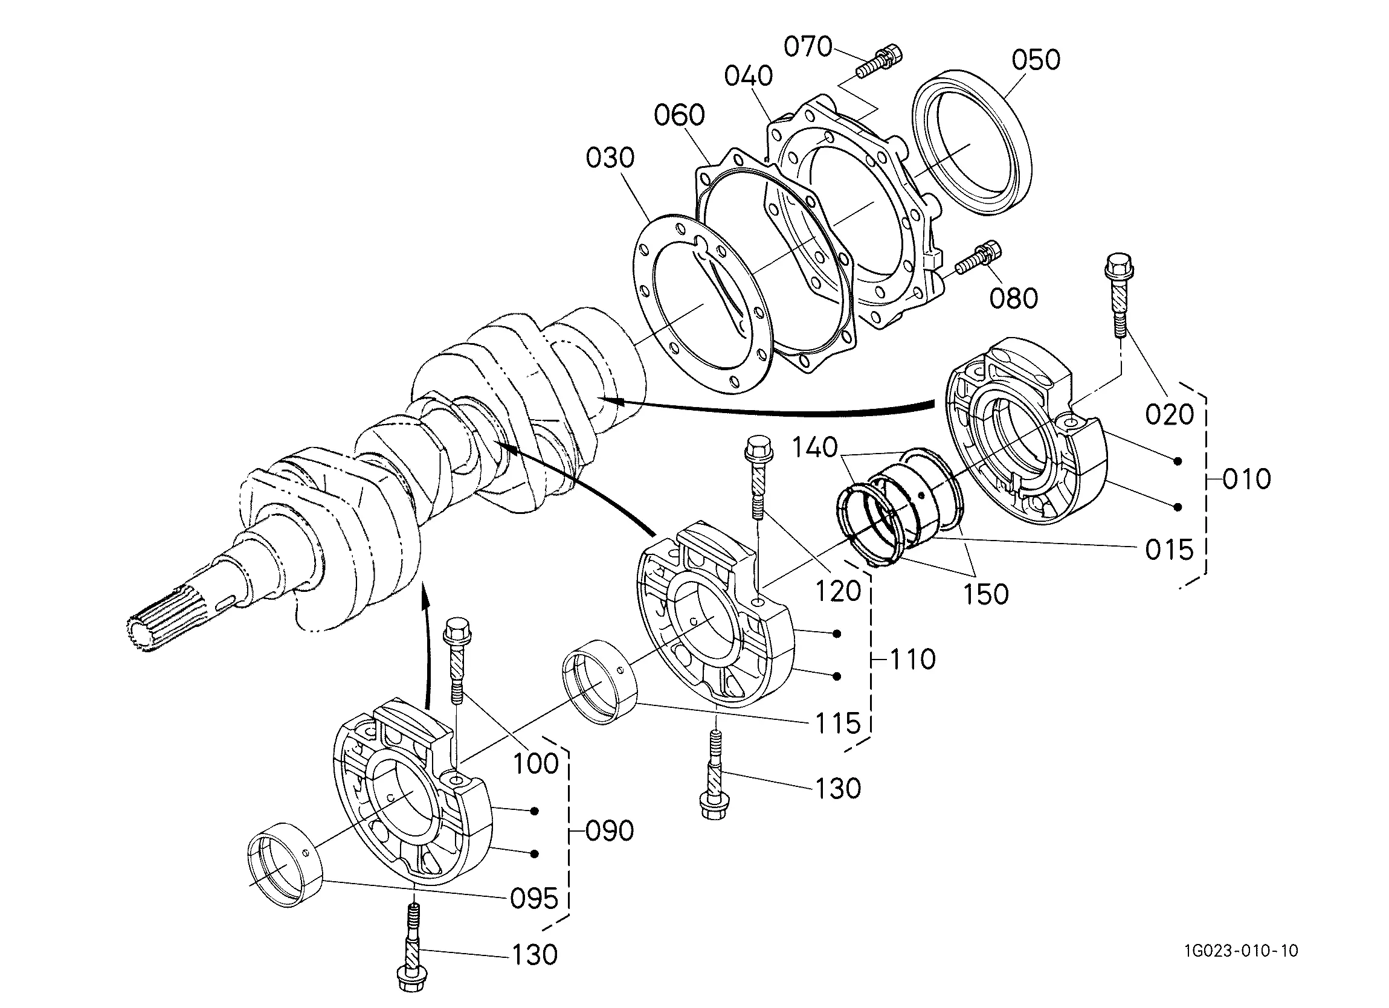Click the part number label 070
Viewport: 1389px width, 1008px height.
tap(808, 47)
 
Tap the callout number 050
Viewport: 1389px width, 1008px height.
tap(1036, 60)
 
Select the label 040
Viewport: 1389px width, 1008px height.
tap(749, 76)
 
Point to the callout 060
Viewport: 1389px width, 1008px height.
tap(679, 115)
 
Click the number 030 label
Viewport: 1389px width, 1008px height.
tap(610, 158)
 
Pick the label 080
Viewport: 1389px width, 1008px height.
tap(1014, 298)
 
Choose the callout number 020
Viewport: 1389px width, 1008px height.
tap(1170, 414)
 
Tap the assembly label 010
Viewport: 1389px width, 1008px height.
tap(1247, 479)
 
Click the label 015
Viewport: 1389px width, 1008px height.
tap(1170, 550)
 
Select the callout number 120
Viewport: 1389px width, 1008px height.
tap(839, 591)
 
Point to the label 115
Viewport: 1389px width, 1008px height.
tap(839, 724)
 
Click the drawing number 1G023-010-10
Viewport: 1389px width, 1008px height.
tap(1241, 951)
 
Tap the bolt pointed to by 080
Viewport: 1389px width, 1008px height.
tap(978, 258)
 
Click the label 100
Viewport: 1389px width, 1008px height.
tap(535, 763)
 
